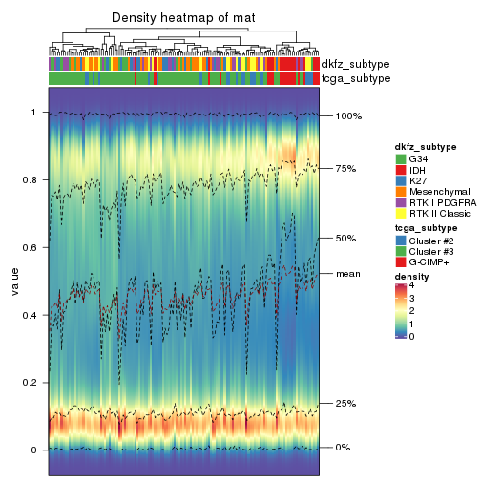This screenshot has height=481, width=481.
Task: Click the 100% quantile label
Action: pyautogui.click(x=348, y=116)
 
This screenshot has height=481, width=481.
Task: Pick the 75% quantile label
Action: pyautogui.click(x=345, y=169)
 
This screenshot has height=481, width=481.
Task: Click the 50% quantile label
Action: pyautogui.click(x=345, y=239)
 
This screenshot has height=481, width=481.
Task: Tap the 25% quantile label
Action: pyautogui.click(x=345, y=404)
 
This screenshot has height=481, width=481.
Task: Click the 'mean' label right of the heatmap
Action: pyautogui.click(x=347, y=274)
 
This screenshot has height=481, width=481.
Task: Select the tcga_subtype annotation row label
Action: pyautogui.click(x=356, y=78)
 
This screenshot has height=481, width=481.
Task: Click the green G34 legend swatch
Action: pyautogui.click(x=401, y=157)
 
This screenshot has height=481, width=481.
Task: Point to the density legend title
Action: pyautogui.click(x=412, y=276)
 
